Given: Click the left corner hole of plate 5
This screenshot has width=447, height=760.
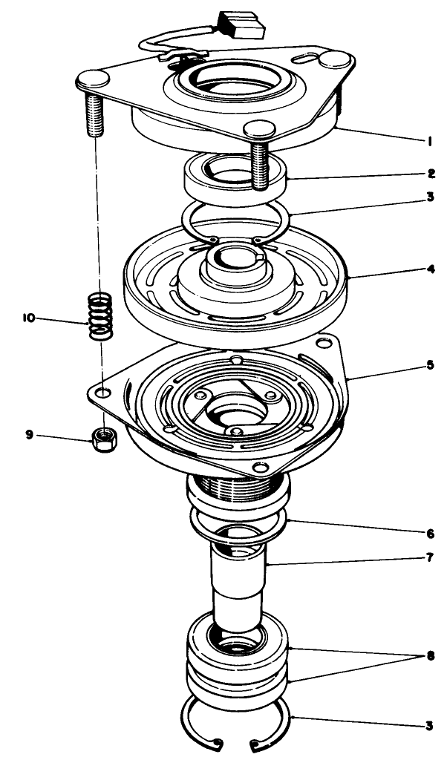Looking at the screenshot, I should point(104,391).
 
